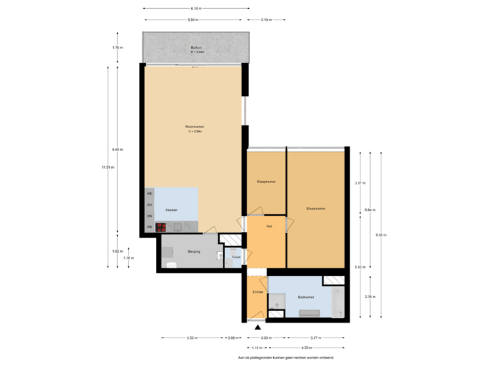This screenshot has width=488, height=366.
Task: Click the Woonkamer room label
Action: coord(195,127)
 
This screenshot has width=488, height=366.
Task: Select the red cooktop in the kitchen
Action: coord(161,227)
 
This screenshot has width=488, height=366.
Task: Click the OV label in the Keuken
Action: coord(150,205)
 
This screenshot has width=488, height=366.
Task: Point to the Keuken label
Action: coord(171,210)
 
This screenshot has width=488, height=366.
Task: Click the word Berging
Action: coord(193,251)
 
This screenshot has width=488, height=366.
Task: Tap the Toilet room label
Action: coord(235,258)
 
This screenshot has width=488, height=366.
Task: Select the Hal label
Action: coord(269,226)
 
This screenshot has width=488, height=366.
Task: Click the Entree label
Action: coord(258,291)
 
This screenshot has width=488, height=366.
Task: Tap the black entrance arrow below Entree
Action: coord(257,327)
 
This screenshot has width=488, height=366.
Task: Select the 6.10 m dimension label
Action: coord(195,8)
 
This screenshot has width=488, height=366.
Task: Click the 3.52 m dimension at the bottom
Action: coord(192,338)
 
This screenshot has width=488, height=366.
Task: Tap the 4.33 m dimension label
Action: coord(306,348)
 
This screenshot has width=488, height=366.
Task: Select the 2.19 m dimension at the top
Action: coord(266,20)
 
